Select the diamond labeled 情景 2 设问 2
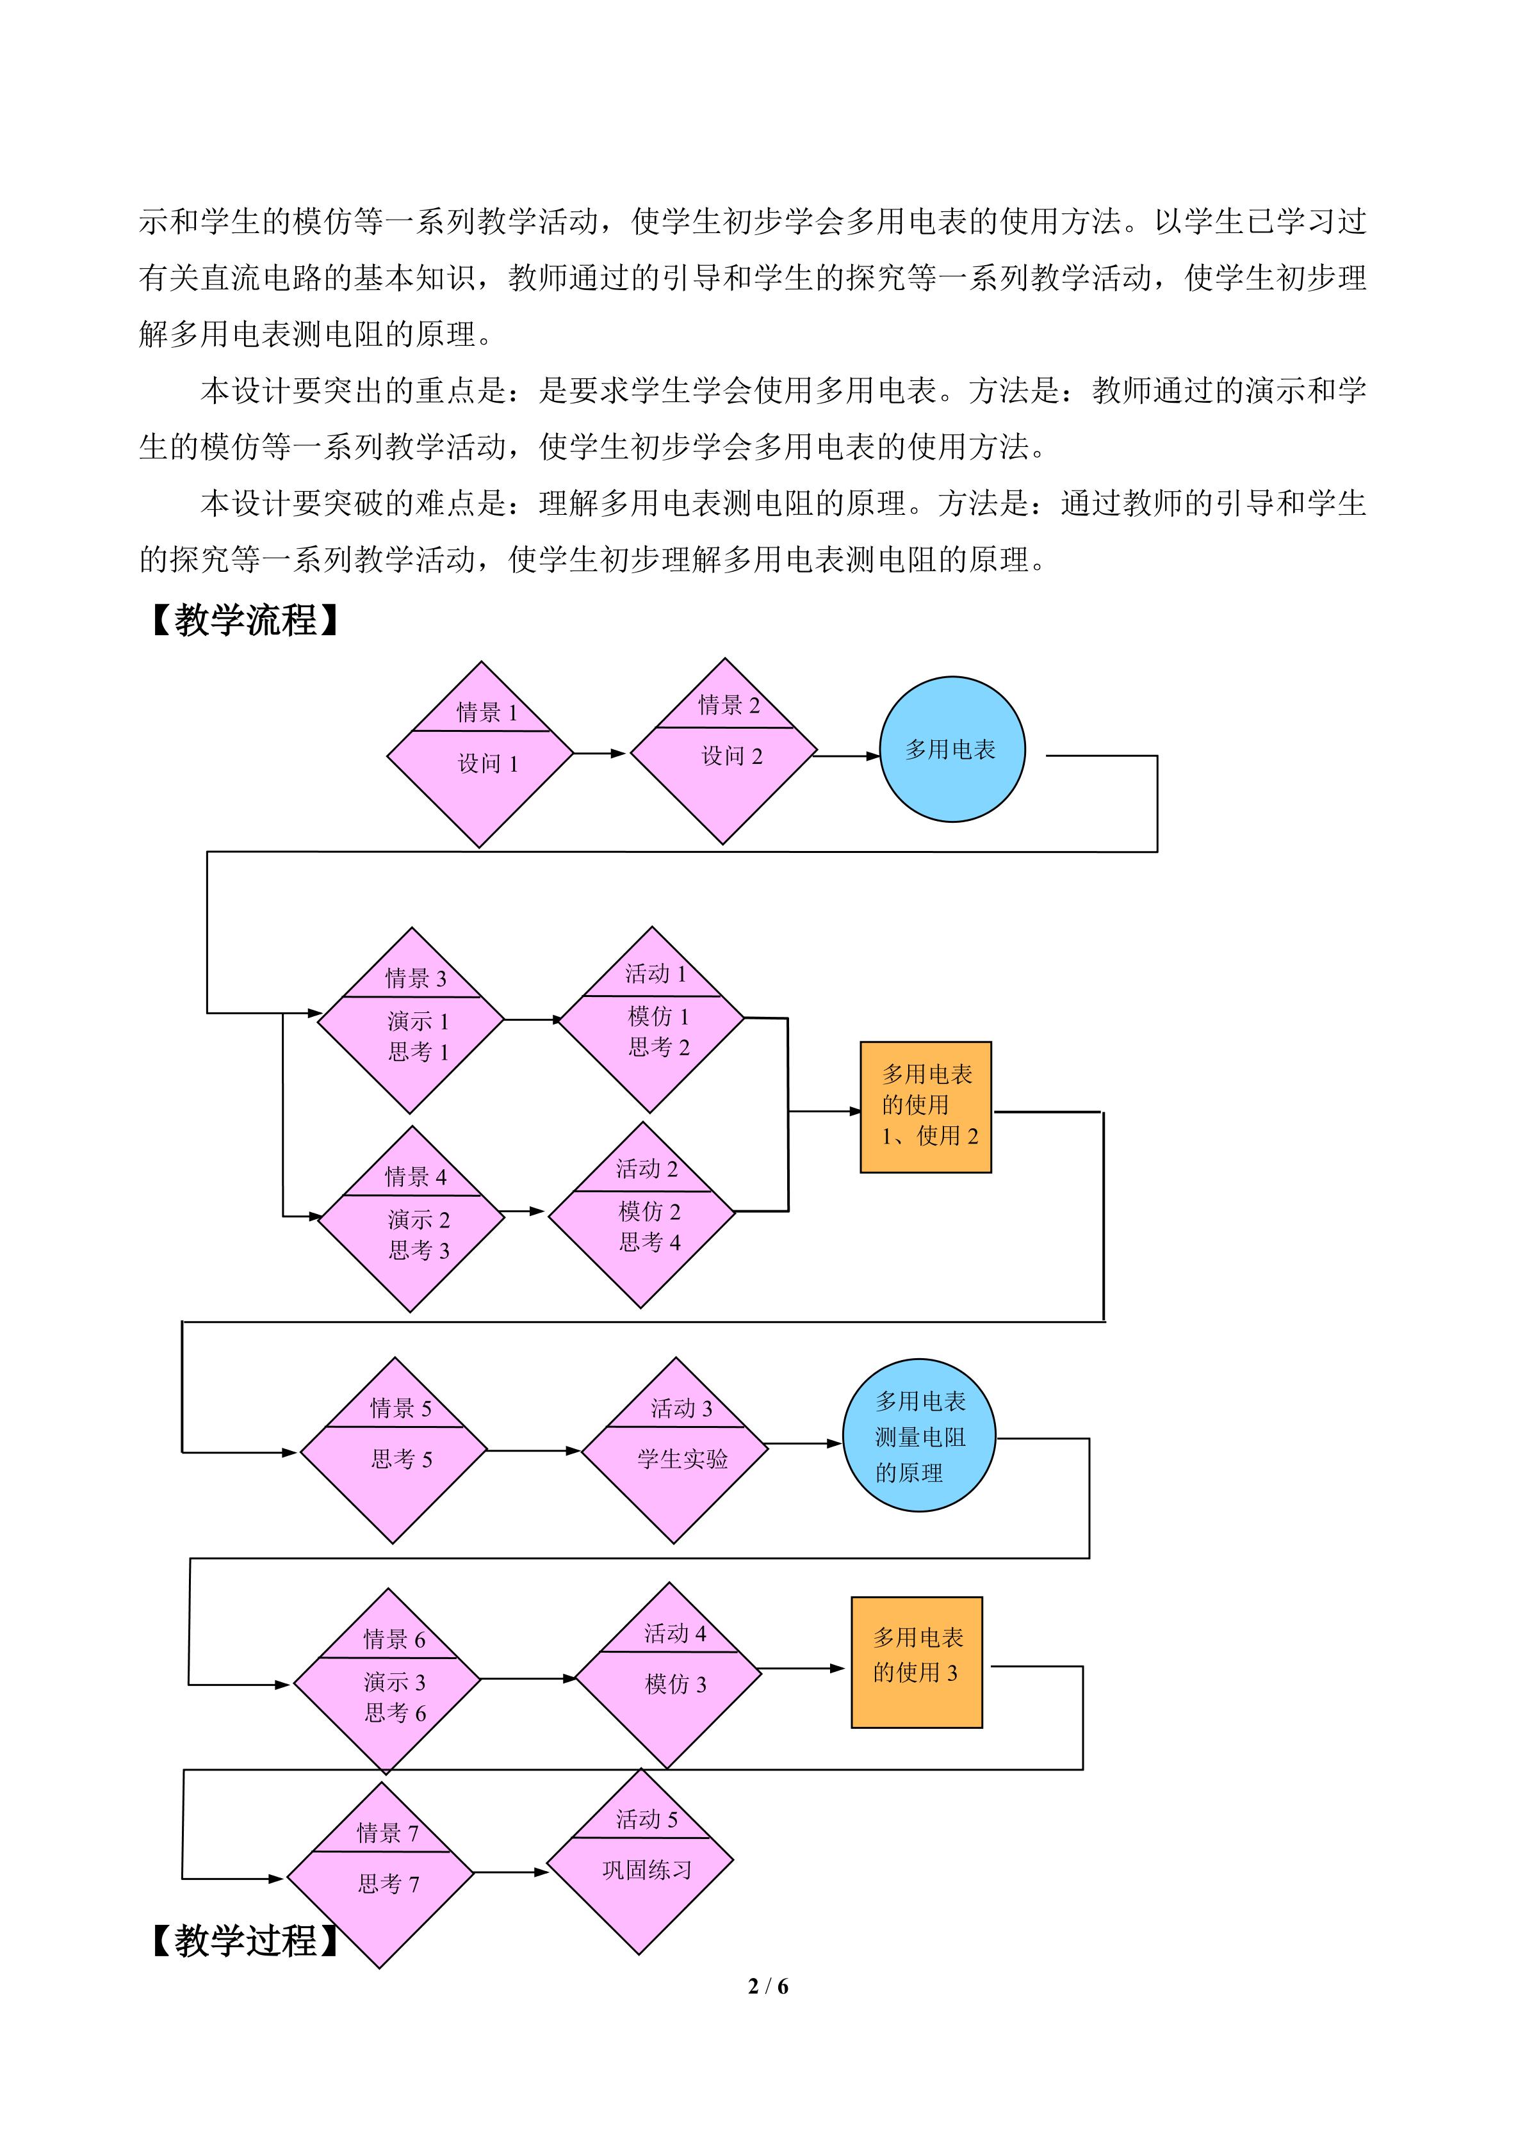[723, 751]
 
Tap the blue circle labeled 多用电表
[951, 749]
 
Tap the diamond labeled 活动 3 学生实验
[674, 1451]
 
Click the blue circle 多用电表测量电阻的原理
[918, 1436]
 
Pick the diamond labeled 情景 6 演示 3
[388, 1680]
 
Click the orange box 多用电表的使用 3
[917, 1663]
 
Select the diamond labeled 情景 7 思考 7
[380, 1874]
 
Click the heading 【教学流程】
[245, 620]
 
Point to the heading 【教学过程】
[245, 1941]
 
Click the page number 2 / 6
[767, 1986]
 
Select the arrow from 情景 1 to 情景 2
[600, 753]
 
